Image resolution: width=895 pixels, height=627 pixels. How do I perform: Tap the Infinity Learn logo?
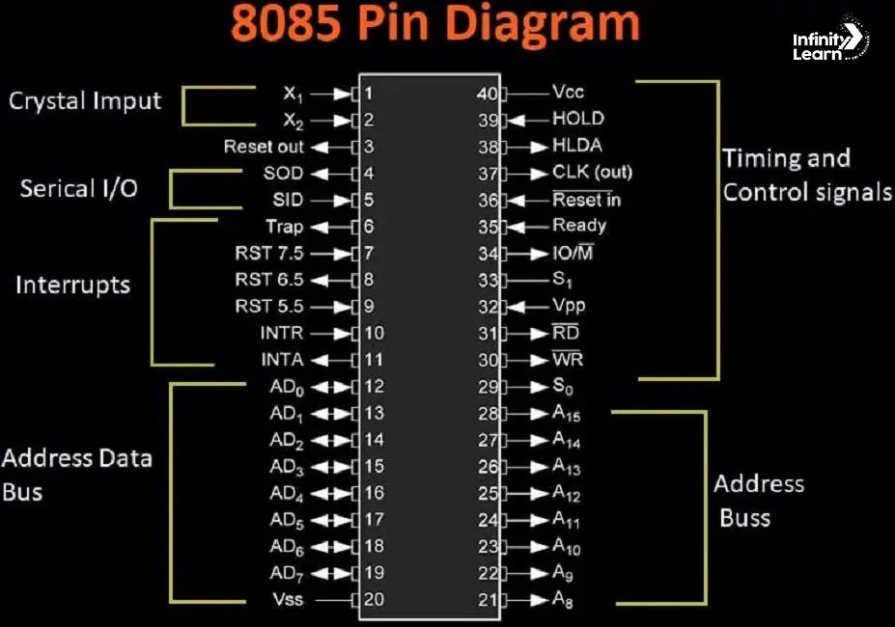point(829,43)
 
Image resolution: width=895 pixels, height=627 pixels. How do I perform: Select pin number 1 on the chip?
point(369,94)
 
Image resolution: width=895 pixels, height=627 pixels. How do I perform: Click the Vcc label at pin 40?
point(568,93)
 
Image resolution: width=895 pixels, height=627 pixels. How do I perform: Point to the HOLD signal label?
point(577,119)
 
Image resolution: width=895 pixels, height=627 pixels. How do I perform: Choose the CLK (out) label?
point(592,173)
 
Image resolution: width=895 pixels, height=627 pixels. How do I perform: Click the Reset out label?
point(263,147)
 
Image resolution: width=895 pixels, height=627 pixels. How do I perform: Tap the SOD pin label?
point(283,174)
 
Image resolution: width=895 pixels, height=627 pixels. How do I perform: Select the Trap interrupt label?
point(284,227)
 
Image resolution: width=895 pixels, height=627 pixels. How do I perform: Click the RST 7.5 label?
point(268,254)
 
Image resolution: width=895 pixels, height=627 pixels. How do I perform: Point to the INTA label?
point(282,360)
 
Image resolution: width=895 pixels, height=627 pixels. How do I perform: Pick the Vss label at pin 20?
point(287,599)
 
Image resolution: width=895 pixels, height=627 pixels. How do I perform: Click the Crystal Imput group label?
point(85,101)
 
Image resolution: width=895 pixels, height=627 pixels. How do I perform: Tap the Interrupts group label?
point(72,286)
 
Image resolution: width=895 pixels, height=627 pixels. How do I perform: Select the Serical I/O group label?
point(78,187)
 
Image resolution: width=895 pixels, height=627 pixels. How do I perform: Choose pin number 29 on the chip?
point(489,387)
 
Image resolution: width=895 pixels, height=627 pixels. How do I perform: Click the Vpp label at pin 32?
point(569,306)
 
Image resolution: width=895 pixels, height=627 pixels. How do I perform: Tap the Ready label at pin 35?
point(578,226)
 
